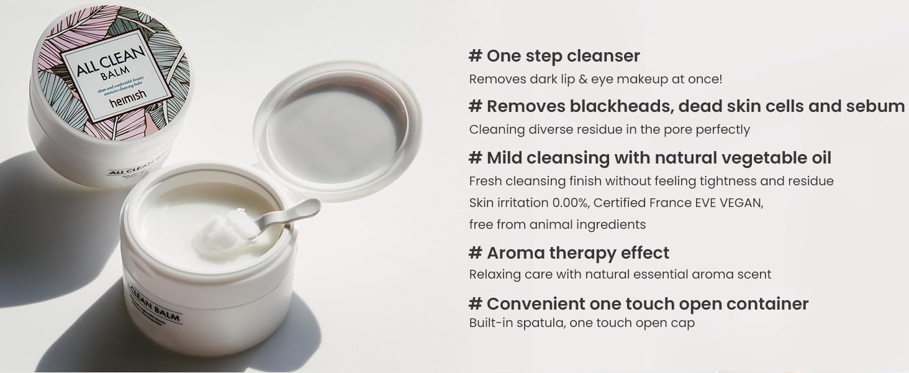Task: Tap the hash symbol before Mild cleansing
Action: [x=475, y=158]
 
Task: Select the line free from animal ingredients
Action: [x=557, y=224]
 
